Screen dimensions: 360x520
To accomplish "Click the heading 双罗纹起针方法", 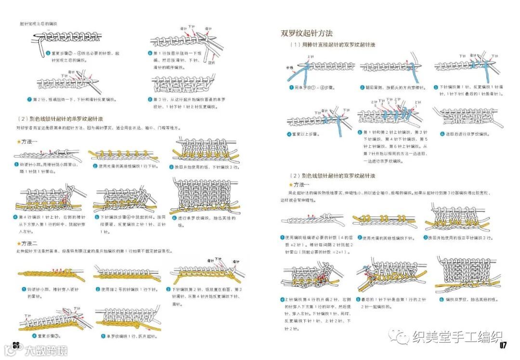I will click(x=307, y=33).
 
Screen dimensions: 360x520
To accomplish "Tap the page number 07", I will click(x=504, y=345).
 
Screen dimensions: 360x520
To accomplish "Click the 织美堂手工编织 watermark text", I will click(x=457, y=336).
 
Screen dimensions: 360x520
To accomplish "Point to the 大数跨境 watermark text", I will click(x=46, y=349).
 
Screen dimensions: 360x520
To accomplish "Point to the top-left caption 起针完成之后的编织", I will click(x=39, y=23).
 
